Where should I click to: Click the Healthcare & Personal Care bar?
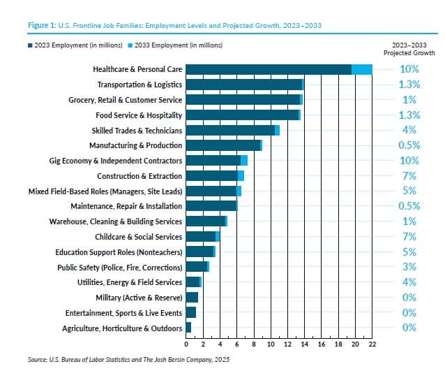pos(279,69)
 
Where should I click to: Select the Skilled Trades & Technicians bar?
pos(232,131)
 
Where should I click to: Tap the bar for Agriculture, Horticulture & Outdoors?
pos(189,328)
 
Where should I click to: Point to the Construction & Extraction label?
pos(139,176)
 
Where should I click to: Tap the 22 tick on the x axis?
pos(372,344)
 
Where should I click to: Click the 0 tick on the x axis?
pos(186,344)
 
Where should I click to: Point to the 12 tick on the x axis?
pos(288,344)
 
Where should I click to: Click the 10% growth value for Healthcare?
pos(409,69)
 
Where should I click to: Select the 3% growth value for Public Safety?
pos(409,267)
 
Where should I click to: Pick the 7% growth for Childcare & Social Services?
pos(409,236)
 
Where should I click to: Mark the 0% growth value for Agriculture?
pos(409,328)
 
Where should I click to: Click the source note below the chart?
pos(128,359)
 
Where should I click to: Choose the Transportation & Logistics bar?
pos(245,85)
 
